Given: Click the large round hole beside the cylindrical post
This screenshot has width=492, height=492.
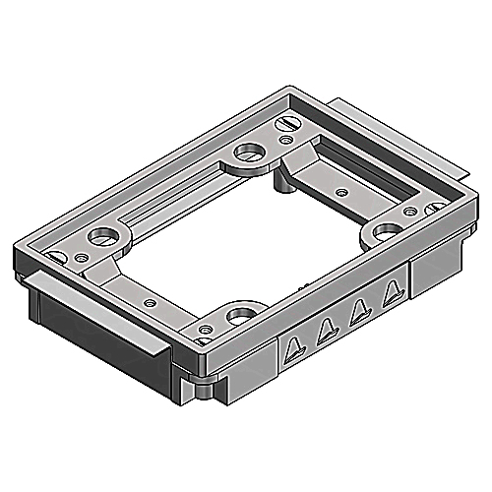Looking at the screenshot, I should tap(244, 154).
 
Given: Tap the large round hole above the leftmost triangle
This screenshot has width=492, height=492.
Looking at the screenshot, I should tap(239, 318).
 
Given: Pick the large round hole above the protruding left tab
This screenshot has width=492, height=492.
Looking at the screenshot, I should tap(99, 237).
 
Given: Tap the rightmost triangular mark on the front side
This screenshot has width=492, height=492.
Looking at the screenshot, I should tap(393, 288).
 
